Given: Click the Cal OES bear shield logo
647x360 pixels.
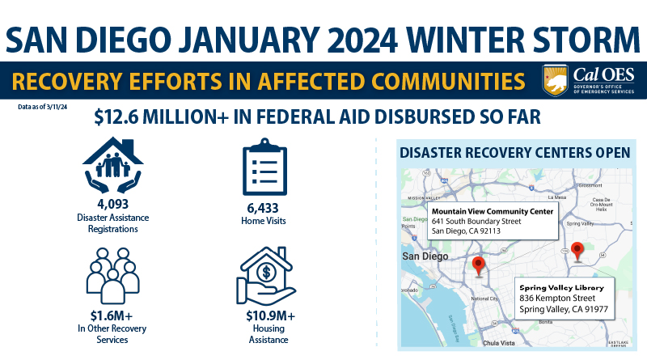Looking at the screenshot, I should pyautogui.click(x=556, y=81).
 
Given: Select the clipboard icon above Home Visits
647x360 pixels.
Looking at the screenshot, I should pyautogui.click(x=264, y=169).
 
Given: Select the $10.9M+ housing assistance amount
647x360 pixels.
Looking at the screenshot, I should pyautogui.click(x=265, y=316).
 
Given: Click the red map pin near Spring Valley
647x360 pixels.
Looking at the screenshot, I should pyautogui.click(x=577, y=250).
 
